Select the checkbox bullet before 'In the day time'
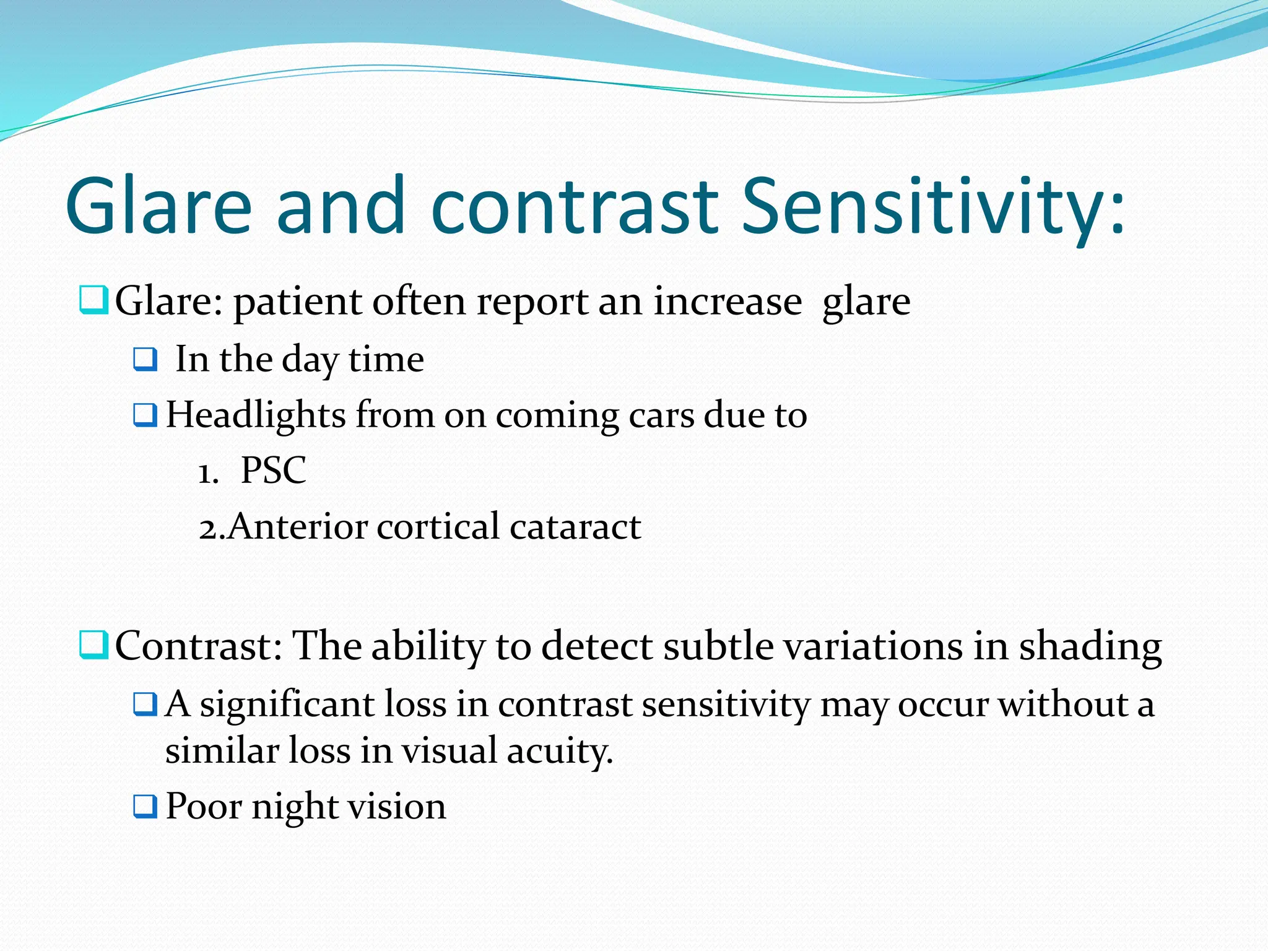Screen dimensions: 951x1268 click(x=146, y=359)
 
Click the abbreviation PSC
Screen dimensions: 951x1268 click(x=273, y=471)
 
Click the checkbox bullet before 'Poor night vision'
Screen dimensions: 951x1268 click(x=146, y=806)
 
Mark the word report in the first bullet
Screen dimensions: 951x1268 click(x=532, y=302)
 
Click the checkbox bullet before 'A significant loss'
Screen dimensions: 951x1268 click(x=146, y=705)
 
